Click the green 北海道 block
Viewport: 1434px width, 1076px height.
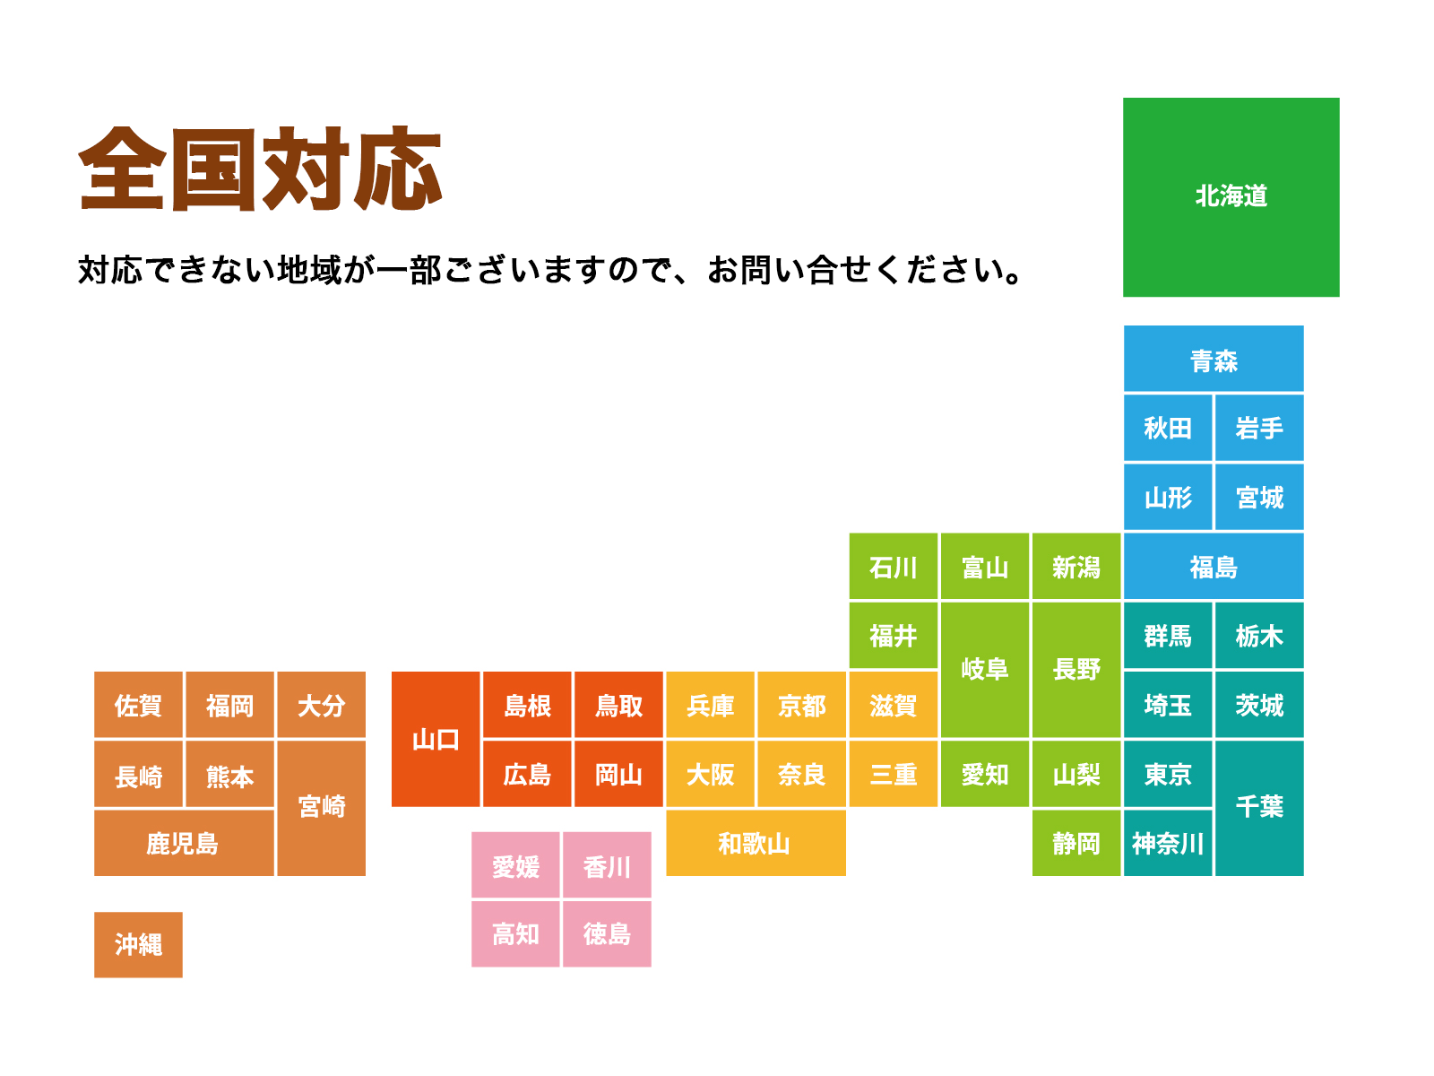click(1231, 197)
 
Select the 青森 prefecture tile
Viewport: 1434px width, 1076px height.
click(1214, 360)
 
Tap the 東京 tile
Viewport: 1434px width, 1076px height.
click(1167, 774)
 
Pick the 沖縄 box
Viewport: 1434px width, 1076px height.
click(138, 944)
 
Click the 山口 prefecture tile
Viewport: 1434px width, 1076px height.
click(436, 740)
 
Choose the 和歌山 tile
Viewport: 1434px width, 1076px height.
click(755, 843)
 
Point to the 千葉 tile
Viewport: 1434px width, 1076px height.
click(1259, 807)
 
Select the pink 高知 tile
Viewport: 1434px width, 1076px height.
click(515, 934)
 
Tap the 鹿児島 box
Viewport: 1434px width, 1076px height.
click(183, 843)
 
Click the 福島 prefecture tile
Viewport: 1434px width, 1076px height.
click(1214, 567)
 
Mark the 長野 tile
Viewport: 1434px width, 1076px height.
click(1076, 670)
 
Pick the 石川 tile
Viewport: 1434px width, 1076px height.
click(894, 567)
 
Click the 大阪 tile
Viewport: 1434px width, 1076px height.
click(710, 774)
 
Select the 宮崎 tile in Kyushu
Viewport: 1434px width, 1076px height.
click(322, 807)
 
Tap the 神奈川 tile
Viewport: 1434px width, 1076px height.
click(1167, 843)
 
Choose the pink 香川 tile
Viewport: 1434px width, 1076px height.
click(607, 866)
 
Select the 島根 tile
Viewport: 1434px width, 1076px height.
click(527, 706)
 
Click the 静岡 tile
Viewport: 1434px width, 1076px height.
click(1076, 843)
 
